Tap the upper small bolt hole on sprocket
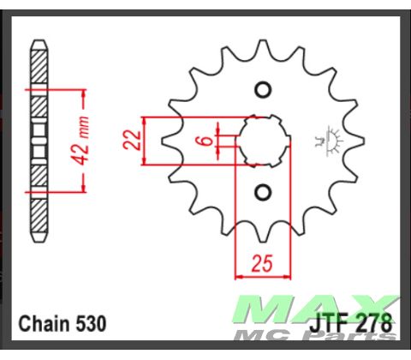263,89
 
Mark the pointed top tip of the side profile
37,40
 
